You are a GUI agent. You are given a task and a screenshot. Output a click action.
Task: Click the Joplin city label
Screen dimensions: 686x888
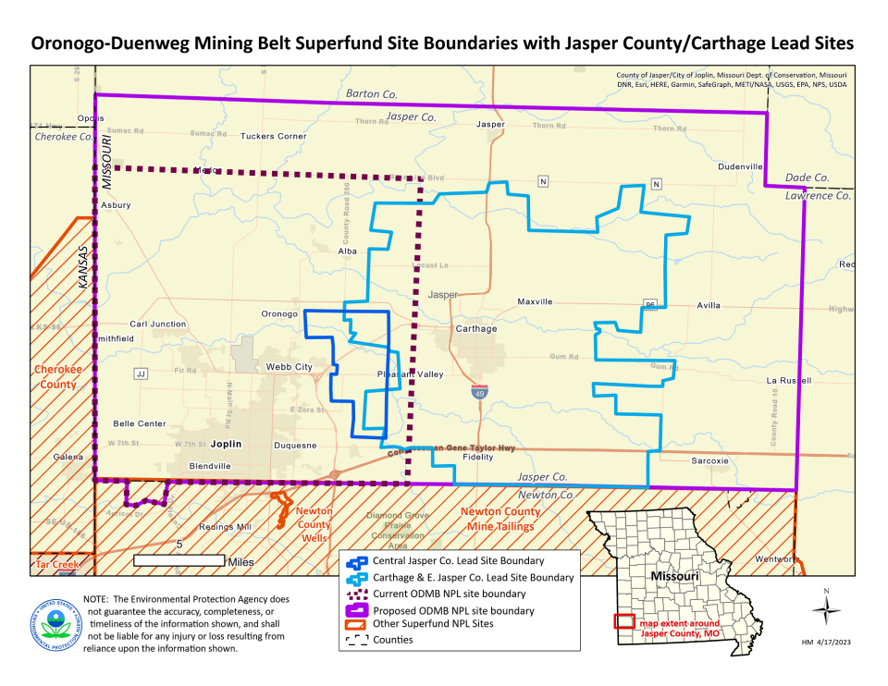pyautogui.click(x=226, y=444)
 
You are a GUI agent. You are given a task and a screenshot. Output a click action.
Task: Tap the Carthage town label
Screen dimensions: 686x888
pyautogui.click(x=476, y=328)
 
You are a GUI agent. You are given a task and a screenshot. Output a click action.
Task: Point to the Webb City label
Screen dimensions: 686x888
pyautogui.click(x=290, y=367)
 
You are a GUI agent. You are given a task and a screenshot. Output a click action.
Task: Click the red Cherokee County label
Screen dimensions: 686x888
pyautogui.click(x=56, y=376)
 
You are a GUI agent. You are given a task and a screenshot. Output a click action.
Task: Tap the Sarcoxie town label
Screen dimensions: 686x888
pyautogui.click(x=710, y=460)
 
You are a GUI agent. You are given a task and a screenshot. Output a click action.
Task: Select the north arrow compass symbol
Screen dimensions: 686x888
pyautogui.click(x=826, y=609)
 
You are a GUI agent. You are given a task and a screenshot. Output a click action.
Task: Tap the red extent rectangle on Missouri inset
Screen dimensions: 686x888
pyautogui.click(x=624, y=622)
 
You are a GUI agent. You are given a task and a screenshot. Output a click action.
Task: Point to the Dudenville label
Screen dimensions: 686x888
pyautogui.click(x=740, y=166)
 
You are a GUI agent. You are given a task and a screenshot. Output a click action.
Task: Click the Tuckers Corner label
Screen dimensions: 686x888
pyautogui.click(x=273, y=136)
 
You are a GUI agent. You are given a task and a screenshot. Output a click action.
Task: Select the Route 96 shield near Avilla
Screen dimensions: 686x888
pyautogui.click(x=651, y=304)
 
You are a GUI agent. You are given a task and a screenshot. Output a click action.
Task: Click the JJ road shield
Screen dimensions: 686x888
pyautogui.click(x=141, y=374)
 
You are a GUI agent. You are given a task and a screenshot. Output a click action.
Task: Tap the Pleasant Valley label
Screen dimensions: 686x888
pyautogui.click(x=410, y=374)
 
